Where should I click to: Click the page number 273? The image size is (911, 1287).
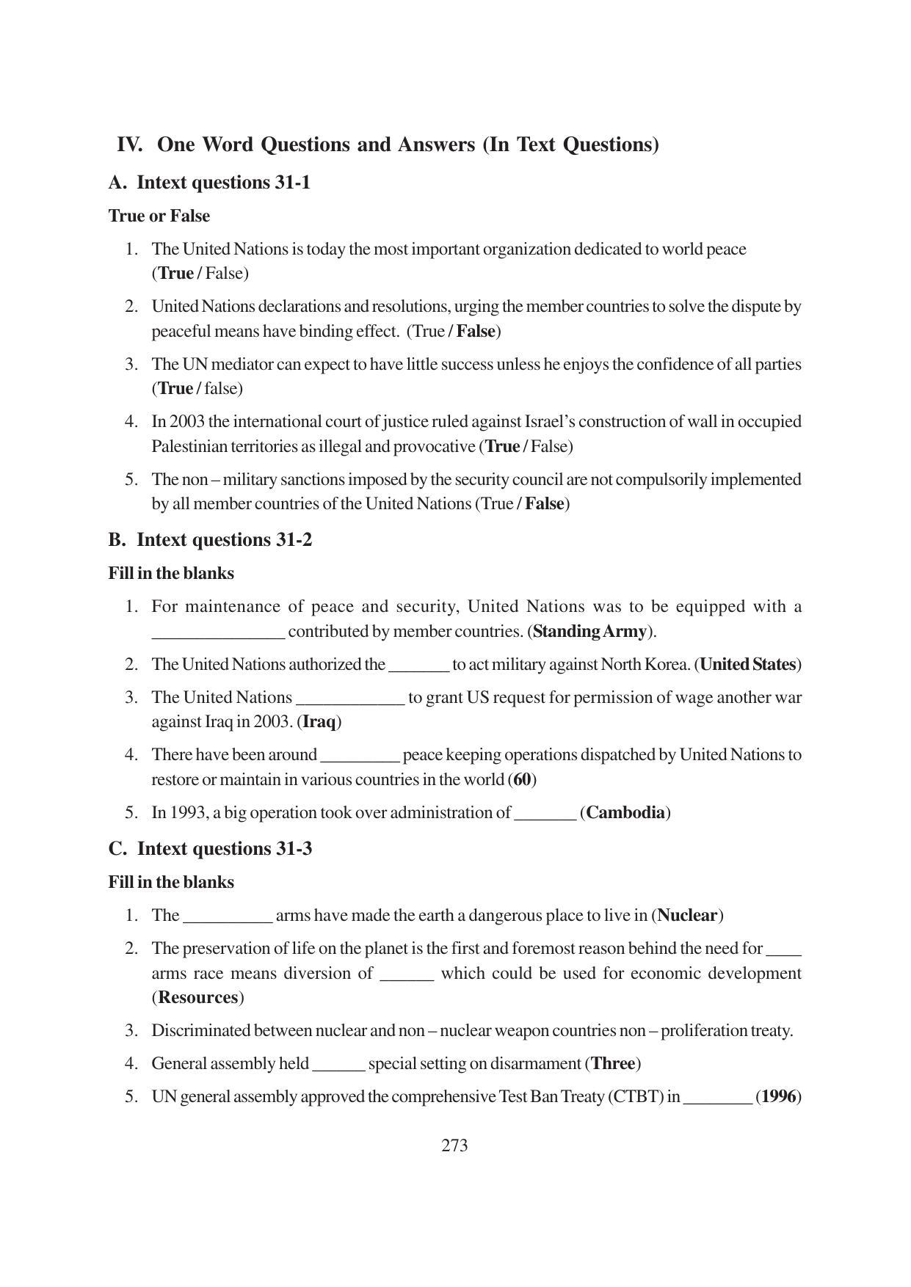[x=454, y=1145]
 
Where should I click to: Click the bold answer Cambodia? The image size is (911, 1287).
[x=625, y=812]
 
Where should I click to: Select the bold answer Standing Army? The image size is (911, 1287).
[x=590, y=631]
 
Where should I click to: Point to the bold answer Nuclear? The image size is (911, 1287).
[x=687, y=915]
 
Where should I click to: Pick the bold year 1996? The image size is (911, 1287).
[x=778, y=1096]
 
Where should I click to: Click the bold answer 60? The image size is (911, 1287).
[x=522, y=779]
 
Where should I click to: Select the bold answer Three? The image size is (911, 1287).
[x=612, y=1063]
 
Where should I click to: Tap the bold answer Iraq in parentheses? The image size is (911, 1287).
[x=319, y=721]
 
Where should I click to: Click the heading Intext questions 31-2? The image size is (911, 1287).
[x=224, y=540]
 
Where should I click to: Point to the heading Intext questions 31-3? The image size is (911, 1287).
[x=224, y=849]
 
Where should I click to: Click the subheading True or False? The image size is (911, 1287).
[x=159, y=216]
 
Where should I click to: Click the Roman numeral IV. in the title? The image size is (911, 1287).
[x=129, y=145]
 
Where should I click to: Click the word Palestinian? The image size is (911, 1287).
[x=189, y=446]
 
